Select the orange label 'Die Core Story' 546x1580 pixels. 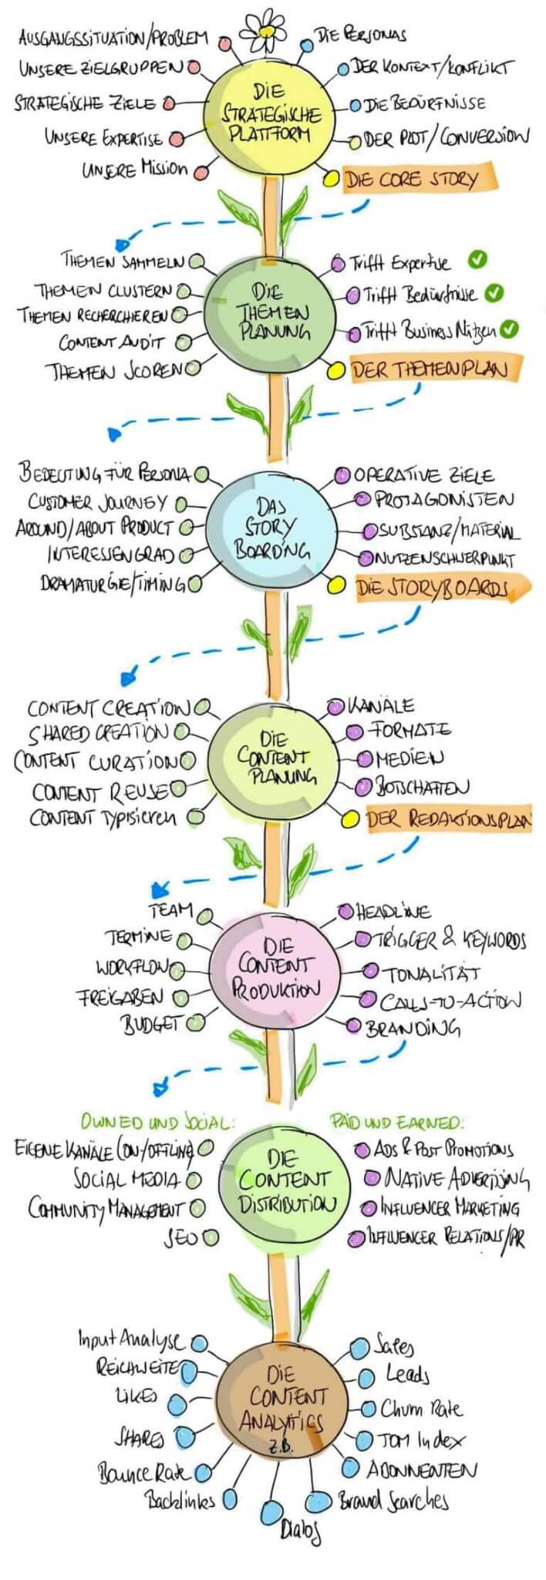click(x=413, y=181)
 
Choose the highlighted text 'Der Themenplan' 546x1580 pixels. click(x=430, y=370)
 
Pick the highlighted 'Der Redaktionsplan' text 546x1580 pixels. click(x=448, y=819)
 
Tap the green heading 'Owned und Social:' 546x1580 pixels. click(x=157, y=1123)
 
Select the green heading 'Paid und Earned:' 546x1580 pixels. click(x=398, y=1122)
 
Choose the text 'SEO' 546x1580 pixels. click(x=180, y=1238)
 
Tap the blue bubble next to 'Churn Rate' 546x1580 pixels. click(x=369, y=1409)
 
